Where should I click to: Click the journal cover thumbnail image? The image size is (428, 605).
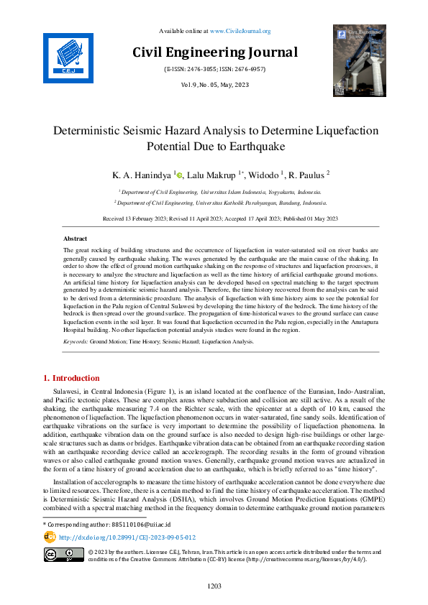[x=359, y=60]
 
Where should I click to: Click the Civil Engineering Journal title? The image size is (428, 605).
[x=214, y=52]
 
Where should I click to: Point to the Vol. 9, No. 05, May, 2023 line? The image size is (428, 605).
[x=214, y=86]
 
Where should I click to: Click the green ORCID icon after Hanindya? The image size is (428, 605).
[x=180, y=174]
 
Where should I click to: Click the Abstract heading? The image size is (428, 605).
[x=75, y=238]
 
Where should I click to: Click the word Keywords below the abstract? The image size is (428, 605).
[x=76, y=342]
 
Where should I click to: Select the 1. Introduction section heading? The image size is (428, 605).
[x=71, y=378]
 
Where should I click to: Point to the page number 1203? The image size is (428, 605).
[x=214, y=586]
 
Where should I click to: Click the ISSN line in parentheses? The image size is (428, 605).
[x=214, y=69]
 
